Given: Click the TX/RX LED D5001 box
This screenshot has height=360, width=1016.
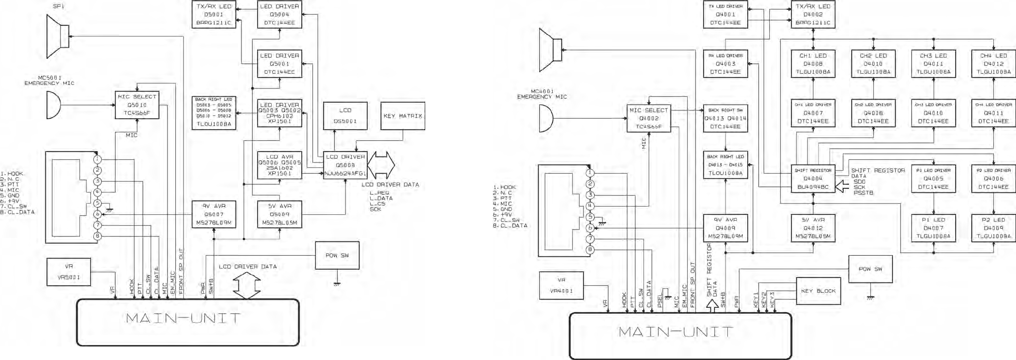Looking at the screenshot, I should click(214, 14).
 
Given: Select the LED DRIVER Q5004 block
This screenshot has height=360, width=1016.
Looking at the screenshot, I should click(279, 14).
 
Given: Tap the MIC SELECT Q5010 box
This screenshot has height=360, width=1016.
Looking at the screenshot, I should click(137, 105).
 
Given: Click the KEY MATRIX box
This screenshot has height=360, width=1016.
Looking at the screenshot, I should click(403, 116).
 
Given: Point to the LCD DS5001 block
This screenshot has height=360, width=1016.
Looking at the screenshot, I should click(345, 116).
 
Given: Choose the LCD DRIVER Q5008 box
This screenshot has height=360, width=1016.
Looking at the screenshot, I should click(345, 165).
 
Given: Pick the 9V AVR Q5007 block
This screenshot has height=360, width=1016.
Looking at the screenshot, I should click(214, 214).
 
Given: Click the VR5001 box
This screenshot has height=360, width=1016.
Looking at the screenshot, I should click(69, 272).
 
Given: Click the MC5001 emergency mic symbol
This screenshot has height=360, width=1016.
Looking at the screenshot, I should click(54, 105).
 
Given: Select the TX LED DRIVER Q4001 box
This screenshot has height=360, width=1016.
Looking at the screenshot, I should click(725, 14).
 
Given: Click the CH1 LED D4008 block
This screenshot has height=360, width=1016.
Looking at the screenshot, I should click(813, 64).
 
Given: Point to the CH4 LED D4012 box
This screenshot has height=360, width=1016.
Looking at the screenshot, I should click(993, 64).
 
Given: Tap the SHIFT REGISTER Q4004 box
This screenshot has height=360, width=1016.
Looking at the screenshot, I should click(813, 179).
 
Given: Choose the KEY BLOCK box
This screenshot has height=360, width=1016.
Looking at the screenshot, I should click(818, 291).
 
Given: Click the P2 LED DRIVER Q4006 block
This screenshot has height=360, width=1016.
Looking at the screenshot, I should click(993, 179).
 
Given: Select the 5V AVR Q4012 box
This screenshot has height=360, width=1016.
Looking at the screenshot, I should click(813, 228).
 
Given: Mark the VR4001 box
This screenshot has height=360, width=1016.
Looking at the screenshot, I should click(561, 286).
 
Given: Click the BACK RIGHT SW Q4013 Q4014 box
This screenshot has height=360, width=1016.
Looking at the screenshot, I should click(725, 119).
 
